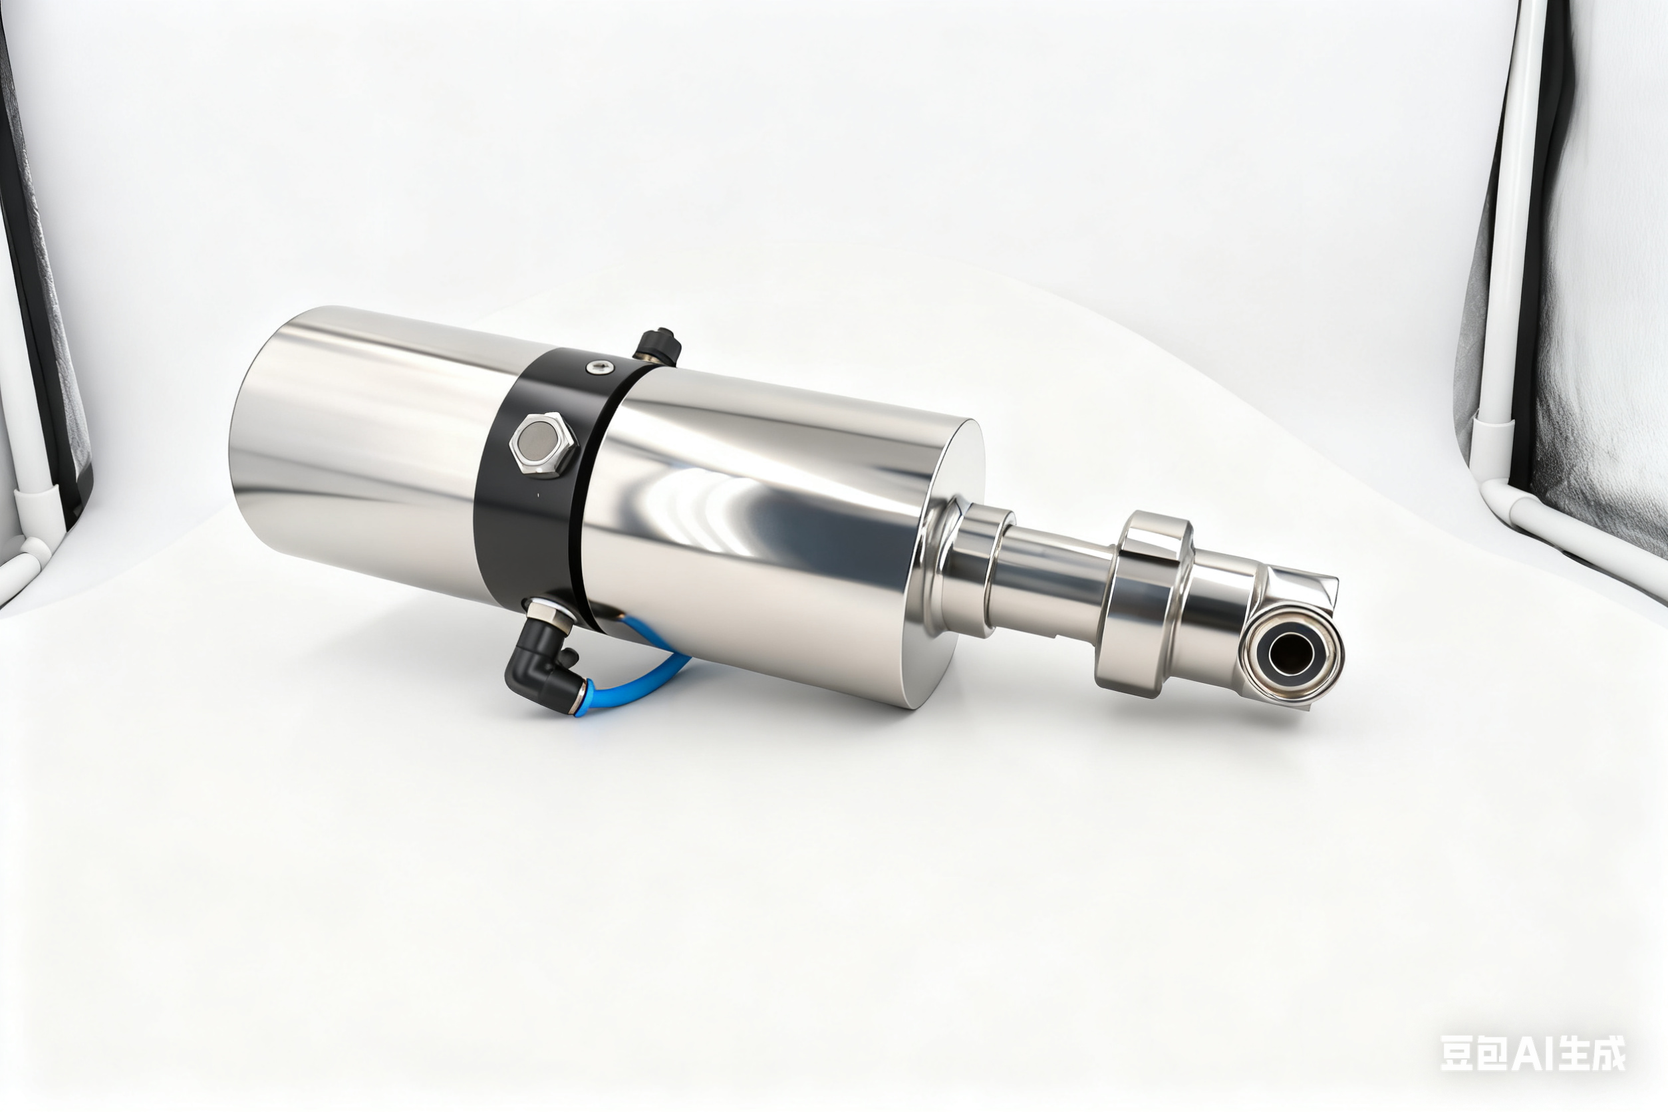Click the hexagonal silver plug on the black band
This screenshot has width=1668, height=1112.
tap(543, 446)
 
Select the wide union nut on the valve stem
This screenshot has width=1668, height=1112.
tap(1142, 603)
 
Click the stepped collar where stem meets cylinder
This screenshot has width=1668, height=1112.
tap(972, 560)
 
